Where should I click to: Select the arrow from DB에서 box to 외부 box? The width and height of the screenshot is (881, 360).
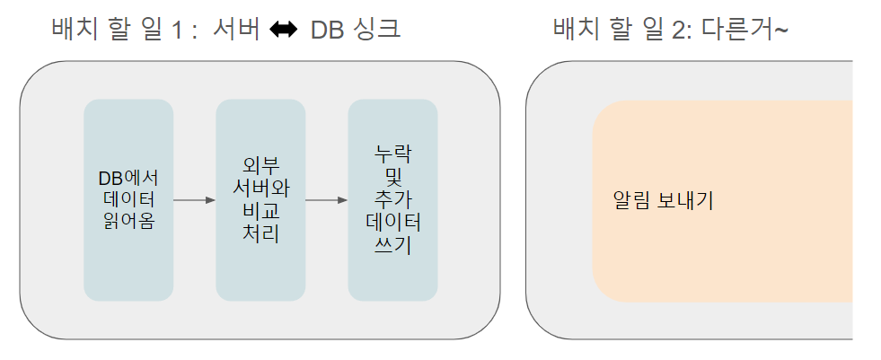click(x=194, y=200)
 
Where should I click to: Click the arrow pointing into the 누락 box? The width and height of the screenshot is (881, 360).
click(x=326, y=200)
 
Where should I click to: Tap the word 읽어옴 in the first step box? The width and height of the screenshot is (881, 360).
click(x=128, y=220)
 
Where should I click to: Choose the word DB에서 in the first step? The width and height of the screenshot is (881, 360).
click(x=128, y=177)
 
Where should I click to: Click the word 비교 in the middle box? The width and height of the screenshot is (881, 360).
click(x=260, y=211)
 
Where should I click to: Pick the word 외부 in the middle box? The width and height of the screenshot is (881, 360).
click(x=260, y=166)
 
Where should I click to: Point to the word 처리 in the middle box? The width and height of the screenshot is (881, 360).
click(x=260, y=233)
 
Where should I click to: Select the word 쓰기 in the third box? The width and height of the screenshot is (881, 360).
click(x=392, y=244)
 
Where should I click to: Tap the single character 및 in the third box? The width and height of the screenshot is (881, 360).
click(x=392, y=176)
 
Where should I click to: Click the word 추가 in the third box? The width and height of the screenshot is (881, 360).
click(x=392, y=198)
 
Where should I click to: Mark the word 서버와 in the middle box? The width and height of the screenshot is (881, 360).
click(x=260, y=189)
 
